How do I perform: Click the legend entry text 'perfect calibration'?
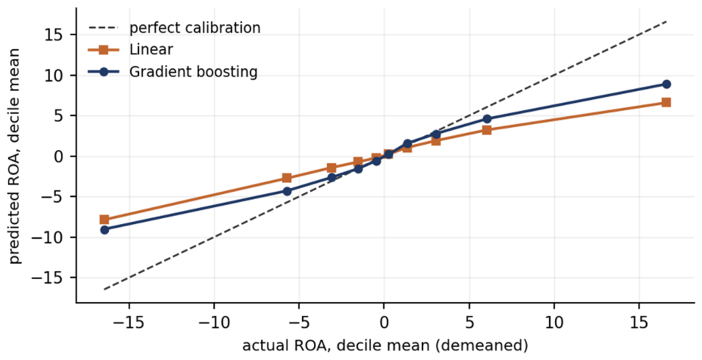click(195, 28)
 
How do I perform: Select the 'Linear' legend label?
click(151, 50)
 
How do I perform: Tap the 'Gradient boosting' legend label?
click(193, 72)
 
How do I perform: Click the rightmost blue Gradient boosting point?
click(666, 84)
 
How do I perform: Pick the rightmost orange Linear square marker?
click(666, 102)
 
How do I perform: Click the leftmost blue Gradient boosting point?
click(104, 230)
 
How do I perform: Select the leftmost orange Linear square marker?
click(104, 220)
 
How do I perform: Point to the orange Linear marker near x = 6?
click(487, 130)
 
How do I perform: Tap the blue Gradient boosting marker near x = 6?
click(487, 119)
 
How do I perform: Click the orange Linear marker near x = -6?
click(287, 178)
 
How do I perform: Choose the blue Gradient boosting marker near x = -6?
click(287, 192)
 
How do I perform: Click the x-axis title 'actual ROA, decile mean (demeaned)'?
click(385, 346)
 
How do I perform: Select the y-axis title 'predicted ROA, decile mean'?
click(15, 156)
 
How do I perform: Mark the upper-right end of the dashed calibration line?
click(667, 21)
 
